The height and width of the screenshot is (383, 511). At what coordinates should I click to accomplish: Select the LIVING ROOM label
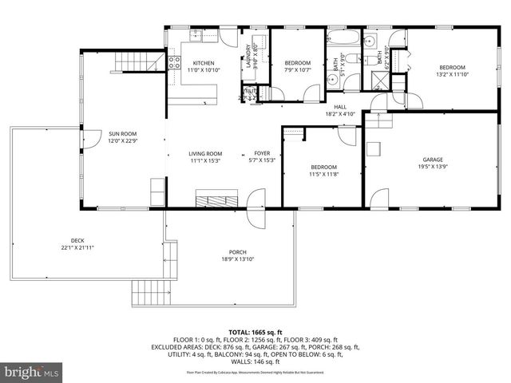(204, 157)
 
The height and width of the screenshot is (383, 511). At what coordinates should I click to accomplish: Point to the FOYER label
(262, 157)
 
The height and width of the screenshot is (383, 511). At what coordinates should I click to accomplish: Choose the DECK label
(77, 244)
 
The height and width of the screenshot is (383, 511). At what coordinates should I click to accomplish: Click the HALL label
(340, 109)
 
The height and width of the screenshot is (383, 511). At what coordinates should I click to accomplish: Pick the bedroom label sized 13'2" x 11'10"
(452, 71)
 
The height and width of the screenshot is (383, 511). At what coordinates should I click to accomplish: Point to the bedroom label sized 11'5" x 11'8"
(324, 171)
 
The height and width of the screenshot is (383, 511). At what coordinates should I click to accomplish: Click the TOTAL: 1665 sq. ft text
(255, 332)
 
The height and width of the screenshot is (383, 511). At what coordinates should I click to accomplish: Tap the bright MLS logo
(32, 372)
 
